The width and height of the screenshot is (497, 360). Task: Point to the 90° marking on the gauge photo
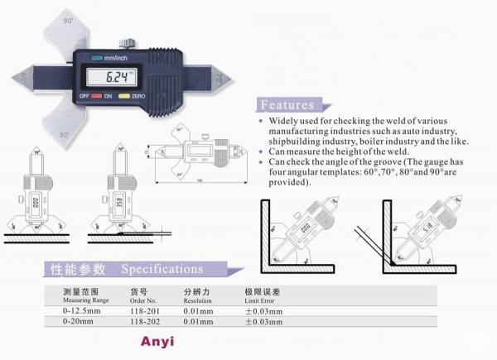[67, 18]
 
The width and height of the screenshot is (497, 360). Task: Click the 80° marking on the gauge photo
[65, 132]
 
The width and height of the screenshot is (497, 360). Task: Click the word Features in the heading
[287, 105]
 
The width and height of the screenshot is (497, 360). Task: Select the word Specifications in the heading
[162, 269]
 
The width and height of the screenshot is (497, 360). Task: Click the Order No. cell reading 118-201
[144, 311]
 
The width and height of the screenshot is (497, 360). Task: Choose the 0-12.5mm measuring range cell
[81, 311]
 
